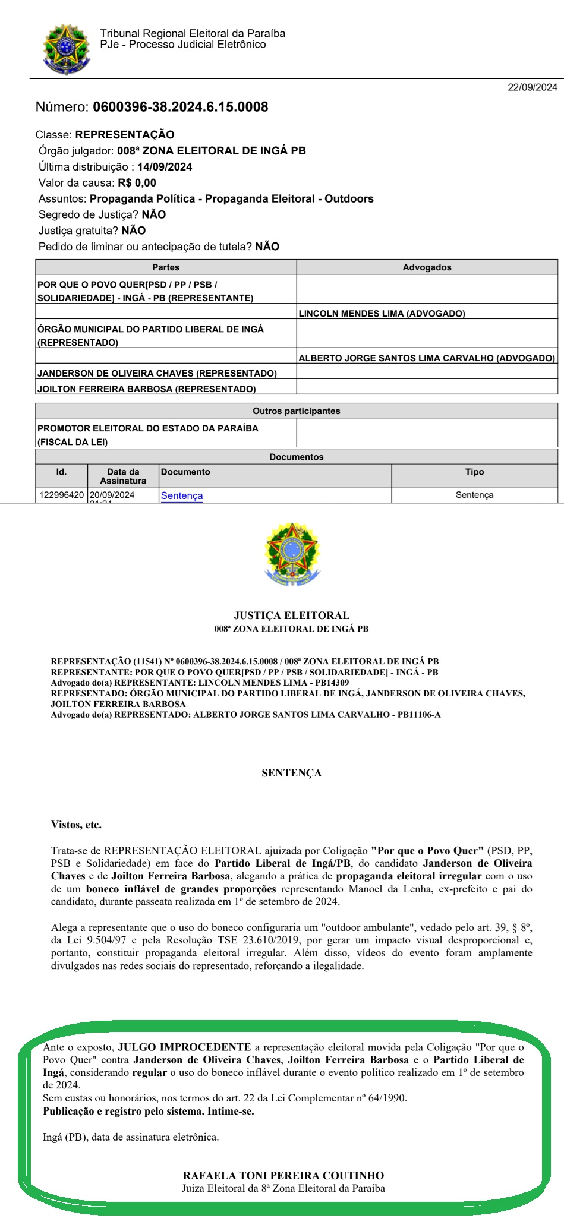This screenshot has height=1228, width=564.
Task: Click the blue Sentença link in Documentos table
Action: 182,495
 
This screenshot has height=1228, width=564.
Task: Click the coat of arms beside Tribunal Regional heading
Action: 66,49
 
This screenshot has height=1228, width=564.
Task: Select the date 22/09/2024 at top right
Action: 532,87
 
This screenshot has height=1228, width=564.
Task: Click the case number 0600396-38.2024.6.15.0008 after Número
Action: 180,107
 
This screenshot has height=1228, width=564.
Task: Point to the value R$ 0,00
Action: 137,183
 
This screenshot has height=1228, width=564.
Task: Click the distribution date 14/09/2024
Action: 165,167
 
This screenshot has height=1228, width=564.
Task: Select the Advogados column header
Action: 427,267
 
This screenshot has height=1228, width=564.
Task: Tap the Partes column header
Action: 166,267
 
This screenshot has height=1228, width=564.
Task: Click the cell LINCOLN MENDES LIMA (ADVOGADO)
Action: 382,313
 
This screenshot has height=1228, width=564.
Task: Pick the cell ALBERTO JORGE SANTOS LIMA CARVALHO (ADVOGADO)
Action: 427,358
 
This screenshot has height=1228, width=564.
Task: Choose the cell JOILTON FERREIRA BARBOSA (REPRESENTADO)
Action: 147,389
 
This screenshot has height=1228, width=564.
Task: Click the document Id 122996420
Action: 62,495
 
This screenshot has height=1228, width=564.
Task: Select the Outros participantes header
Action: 296,411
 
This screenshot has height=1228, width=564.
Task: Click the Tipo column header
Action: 474,472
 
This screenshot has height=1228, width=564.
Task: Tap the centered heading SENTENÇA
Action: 291,773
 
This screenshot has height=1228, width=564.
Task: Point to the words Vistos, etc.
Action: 76,825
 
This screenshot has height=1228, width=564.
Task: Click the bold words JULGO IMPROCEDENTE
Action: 184,1047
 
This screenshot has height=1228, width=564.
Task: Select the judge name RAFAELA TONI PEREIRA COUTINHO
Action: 283,1175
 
